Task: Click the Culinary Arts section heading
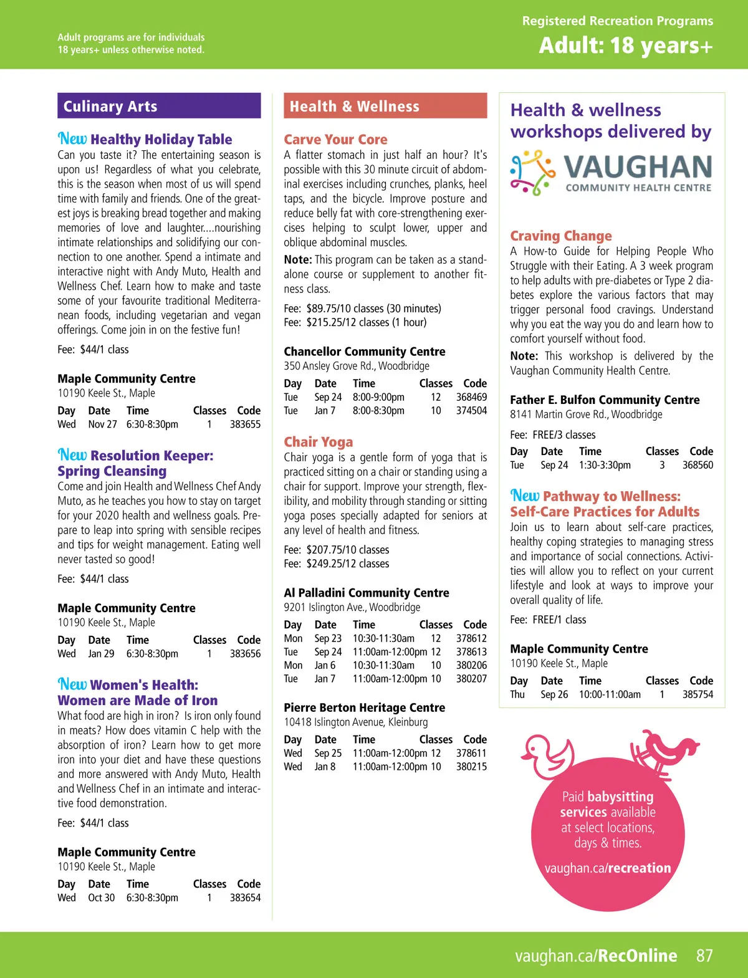110,107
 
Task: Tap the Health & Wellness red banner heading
354,107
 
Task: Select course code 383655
245,424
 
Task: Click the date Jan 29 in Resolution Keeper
101,654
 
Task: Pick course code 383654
245,898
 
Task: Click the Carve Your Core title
335,140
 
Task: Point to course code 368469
471,397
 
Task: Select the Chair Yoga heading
319,442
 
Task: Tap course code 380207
471,679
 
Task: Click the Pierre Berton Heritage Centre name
365,708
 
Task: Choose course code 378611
471,754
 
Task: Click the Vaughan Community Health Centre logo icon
532,172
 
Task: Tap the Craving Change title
561,236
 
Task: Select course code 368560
698,465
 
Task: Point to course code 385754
698,694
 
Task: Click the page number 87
704,956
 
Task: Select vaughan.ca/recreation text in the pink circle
608,868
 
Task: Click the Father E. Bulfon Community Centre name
605,400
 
